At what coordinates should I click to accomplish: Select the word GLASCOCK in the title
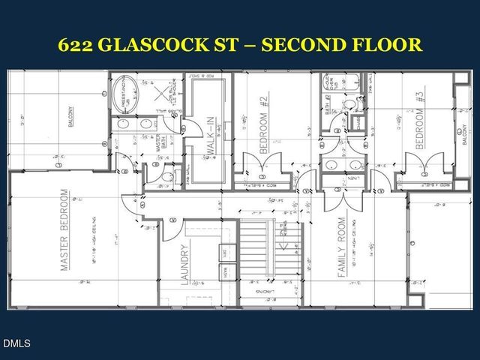[170, 44]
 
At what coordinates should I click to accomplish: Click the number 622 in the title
[79, 44]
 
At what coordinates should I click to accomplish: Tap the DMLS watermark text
[16, 344]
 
